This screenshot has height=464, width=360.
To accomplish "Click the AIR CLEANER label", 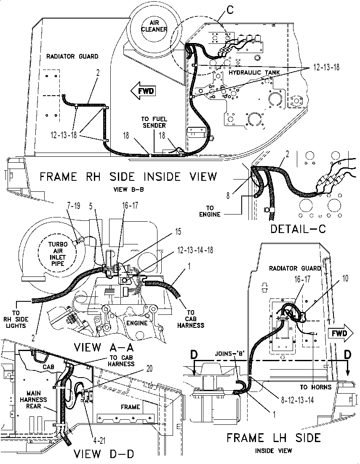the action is pos(154,26).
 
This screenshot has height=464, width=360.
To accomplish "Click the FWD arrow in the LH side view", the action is pos(341,333).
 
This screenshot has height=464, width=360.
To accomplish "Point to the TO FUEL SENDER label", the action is pos(154,122).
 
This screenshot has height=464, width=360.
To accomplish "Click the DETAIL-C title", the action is pos(298,229).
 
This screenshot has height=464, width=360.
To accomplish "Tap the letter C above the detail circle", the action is pos(230,10).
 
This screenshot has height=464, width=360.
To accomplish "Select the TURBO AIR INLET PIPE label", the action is pos(58,254).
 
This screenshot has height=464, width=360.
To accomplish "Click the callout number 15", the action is pos(178,231).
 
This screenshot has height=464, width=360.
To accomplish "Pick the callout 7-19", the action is pos(72,206).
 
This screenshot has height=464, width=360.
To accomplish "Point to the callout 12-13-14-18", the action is pos(195,250).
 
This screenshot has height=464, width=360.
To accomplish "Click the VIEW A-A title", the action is pos(104,347).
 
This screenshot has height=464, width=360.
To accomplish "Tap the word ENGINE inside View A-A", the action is pos(137,323).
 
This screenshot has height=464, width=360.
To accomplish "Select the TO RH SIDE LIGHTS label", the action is pos(16,319).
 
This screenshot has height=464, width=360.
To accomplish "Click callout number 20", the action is pos(149,369).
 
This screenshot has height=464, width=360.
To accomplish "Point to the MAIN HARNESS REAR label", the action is pos(33,400).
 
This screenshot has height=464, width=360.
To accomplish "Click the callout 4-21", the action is pos(99,441).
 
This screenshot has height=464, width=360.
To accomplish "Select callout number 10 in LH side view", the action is pos(345,279).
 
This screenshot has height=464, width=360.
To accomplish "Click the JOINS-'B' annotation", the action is pos(227,353).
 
